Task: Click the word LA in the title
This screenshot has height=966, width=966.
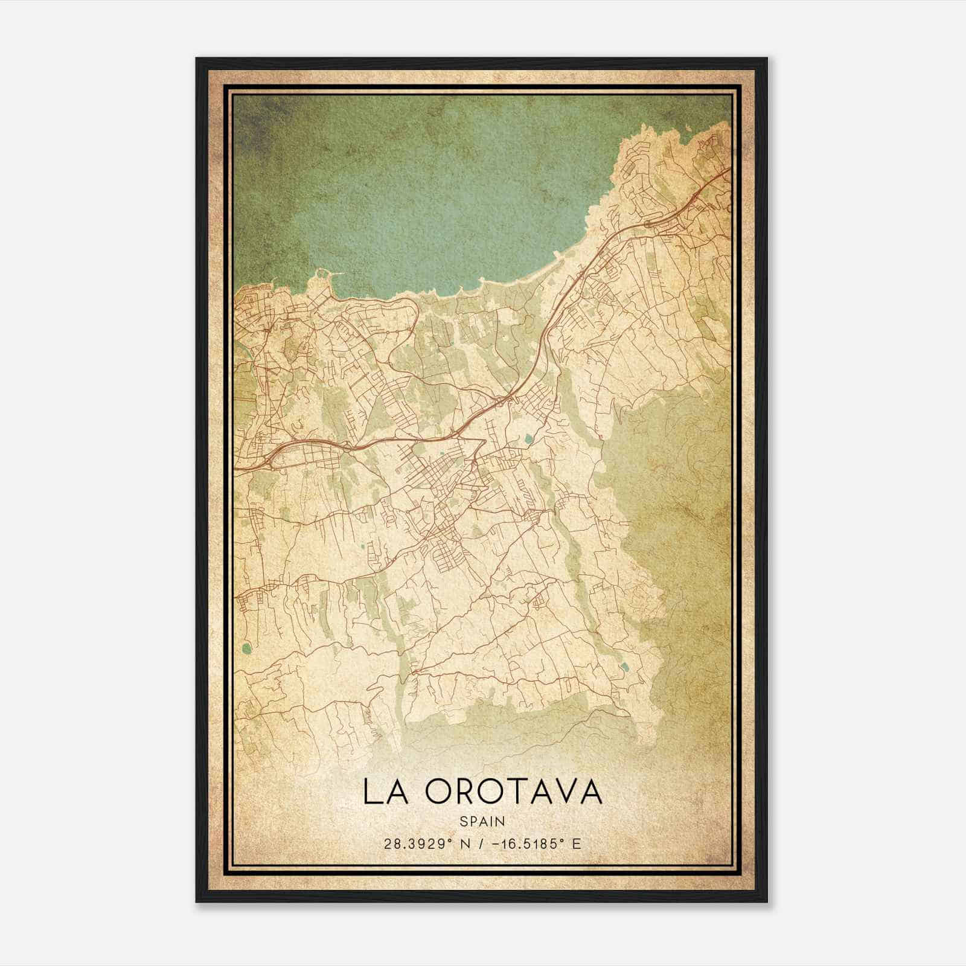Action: [383, 792]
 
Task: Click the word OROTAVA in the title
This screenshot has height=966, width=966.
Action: [513, 792]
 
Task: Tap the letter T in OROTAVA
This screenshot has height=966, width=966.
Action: [516, 792]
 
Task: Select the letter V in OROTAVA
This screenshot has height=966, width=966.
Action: [567, 792]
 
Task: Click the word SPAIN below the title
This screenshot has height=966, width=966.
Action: [482, 822]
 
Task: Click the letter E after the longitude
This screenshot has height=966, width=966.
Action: [576, 844]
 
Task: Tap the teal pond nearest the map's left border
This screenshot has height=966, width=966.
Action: [245, 649]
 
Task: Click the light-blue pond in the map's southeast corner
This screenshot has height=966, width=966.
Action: [624, 668]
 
